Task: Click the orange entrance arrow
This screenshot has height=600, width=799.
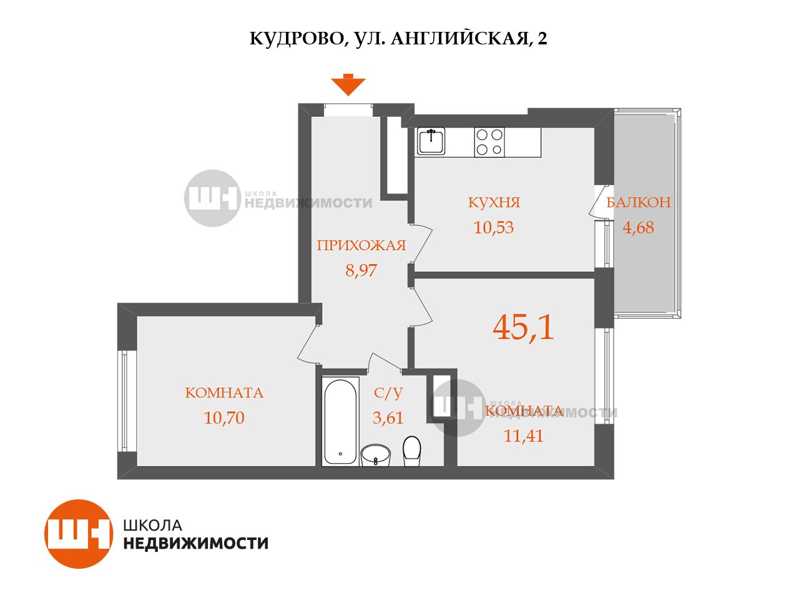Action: click(348, 84)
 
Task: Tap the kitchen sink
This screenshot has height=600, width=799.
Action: click(431, 141)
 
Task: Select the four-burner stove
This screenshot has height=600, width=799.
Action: click(489, 142)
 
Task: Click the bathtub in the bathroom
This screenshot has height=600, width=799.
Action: click(340, 421)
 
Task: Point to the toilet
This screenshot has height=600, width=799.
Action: click(412, 451)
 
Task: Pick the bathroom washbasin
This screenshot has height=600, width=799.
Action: click(375, 455)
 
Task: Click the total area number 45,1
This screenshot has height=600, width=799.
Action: click(523, 327)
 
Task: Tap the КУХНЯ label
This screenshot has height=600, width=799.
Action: click(494, 202)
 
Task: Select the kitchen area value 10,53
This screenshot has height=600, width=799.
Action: click(494, 227)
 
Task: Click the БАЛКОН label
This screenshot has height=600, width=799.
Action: click(639, 202)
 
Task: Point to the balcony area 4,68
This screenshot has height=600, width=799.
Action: click(638, 227)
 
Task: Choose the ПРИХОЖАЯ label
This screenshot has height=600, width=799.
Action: click(361, 245)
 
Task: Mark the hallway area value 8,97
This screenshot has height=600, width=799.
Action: click(361, 270)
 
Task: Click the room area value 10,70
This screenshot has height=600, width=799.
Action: click(224, 418)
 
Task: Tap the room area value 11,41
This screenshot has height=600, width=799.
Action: click(524, 436)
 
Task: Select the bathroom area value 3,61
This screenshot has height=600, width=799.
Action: click(388, 418)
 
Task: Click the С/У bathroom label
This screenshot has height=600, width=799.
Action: click(388, 392)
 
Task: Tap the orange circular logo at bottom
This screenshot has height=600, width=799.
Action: click(79, 534)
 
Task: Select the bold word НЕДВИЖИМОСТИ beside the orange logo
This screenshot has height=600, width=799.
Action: click(196, 544)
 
